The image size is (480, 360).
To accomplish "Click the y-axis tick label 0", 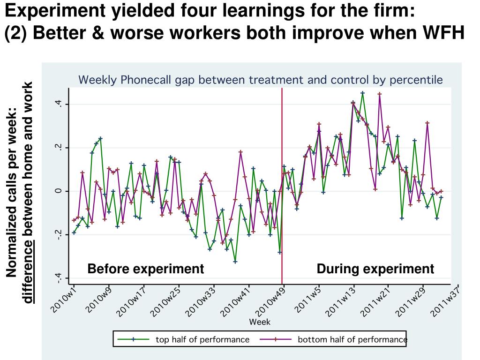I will tap(58, 191).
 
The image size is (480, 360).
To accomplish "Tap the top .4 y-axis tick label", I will tap(58, 104).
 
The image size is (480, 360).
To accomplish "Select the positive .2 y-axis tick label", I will tap(58, 148).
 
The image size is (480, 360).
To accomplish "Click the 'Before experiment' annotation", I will tap(145, 269).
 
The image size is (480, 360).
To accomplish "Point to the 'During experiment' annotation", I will tap(375, 269).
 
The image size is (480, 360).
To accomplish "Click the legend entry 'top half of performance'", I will tap(202, 339).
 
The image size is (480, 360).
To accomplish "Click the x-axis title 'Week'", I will tap(260, 322).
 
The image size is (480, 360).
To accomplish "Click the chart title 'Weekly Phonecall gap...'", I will tap(260, 80).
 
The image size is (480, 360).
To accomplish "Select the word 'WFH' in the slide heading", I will tap(443, 33).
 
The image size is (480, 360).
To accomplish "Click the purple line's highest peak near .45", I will tap(380, 94).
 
